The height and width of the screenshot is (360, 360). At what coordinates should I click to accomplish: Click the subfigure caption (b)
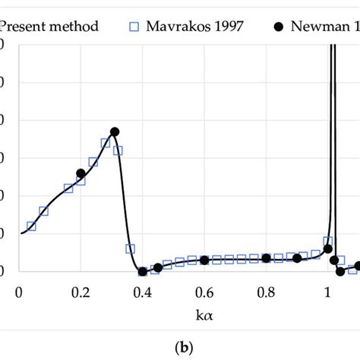pyautogui.click(x=179, y=346)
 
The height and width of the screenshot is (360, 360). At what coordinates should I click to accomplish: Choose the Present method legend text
pyautogui.click(x=49, y=27)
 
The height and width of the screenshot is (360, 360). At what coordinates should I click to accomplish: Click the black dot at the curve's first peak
pyautogui.click(x=115, y=131)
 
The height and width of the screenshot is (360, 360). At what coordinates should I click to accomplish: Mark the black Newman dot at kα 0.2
pyautogui.click(x=81, y=174)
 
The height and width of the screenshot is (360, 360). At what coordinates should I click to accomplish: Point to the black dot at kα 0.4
pyautogui.click(x=142, y=271)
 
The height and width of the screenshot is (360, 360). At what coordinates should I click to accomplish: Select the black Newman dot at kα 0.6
pyautogui.click(x=204, y=260)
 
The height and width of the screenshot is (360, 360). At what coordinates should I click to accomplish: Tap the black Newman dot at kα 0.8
pyautogui.click(x=266, y=258)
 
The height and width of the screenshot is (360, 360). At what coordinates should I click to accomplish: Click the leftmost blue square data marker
pyautogui.click(x=31, y=226)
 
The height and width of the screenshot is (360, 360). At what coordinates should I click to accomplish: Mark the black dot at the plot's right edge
pyautogui.click(x=358, y=266)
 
